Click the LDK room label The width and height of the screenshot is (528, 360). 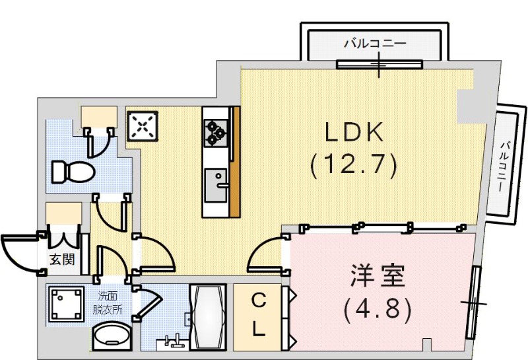point(353,133)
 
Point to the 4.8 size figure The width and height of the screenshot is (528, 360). point(378,308)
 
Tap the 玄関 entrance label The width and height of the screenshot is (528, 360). point(62,260)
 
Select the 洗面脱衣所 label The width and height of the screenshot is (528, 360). point(106,303)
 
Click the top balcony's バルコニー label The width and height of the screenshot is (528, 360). point(374,44)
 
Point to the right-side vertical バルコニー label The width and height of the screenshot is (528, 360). point(504,165)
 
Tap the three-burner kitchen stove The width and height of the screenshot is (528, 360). point(216,131)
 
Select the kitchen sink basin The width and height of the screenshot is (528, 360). point(214,185)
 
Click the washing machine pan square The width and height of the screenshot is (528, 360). point(65,304)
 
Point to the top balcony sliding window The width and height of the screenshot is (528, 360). point(379,65)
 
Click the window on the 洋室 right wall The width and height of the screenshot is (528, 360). point(473,302)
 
